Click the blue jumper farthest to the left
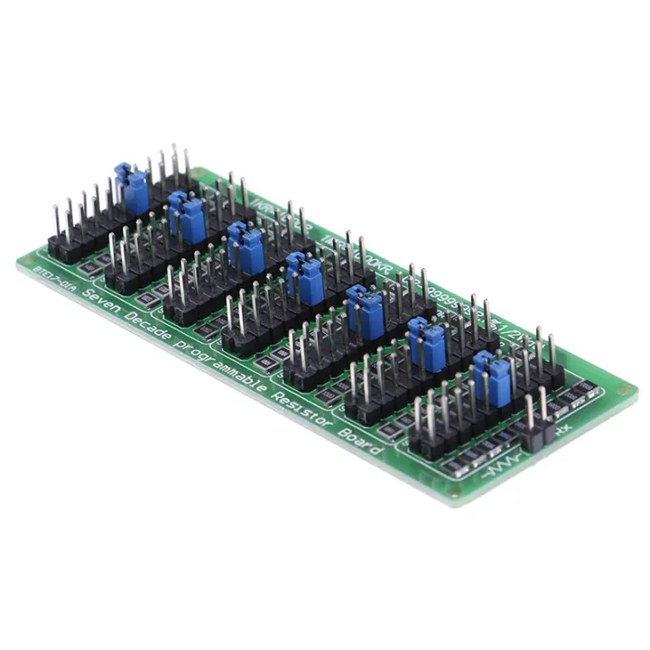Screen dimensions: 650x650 pyautogui.click(x=132, y=189)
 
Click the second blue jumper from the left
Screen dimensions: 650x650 pyautogui.click(x=187, y=217)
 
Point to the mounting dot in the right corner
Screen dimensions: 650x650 pyautogui.click(x=623, y=391)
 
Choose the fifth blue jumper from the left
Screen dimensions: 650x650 pyautogui.click(x=365, y=311)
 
